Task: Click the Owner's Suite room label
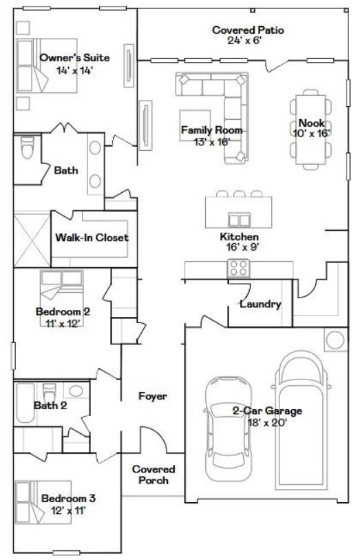pos(74,57)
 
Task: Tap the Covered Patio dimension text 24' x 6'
pos(245,41)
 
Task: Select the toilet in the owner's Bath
pos(28,147)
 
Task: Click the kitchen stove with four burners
pos(238,268)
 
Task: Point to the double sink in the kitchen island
pos(239,219)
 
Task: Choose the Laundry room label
pos(260,304)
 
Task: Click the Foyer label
pos(153,396)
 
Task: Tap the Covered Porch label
pos(153,475)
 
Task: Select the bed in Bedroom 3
pos(43,501)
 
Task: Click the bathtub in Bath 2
pos(25,403)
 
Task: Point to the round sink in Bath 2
pos(76,391)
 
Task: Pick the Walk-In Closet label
pos(92,238)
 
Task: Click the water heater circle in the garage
pos(335,340)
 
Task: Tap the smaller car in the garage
pos(227,428)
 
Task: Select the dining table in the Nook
pos(310,129)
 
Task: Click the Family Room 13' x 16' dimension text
pos(211,142)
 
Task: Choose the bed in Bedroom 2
pos(62,298)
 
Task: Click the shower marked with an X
pos(32,240)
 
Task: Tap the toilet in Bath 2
pos(49,393)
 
